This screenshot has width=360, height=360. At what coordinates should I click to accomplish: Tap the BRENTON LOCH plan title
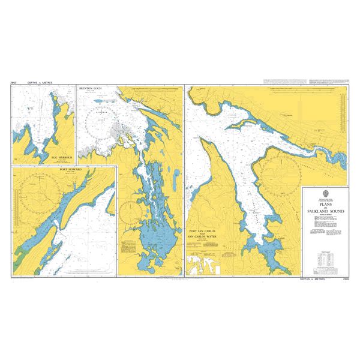(91, 89)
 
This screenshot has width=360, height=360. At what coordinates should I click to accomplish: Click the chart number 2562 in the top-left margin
(14, 83)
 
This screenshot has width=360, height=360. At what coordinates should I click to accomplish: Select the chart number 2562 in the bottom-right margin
(345, 279)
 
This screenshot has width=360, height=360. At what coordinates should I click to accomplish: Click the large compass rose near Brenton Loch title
(103, 124)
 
